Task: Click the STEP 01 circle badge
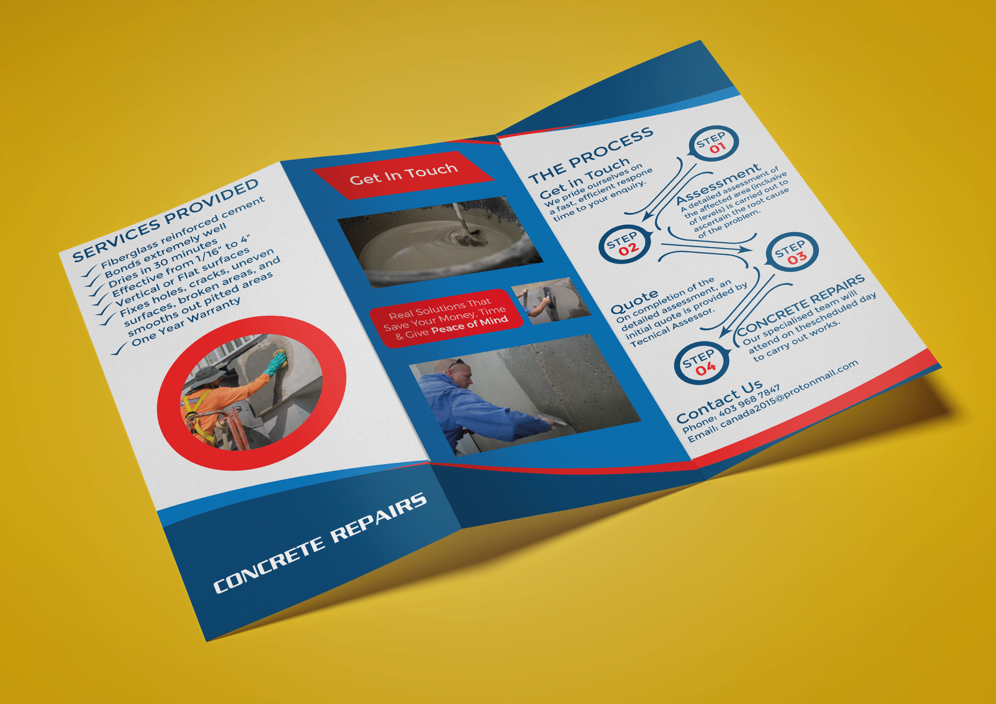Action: tap(713, 143)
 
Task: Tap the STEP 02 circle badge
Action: tap(624, 244)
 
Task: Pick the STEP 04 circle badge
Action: tap(701, 363)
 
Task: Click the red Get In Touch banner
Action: tap(403, 174)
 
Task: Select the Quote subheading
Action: tap(634, 301)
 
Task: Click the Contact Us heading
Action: tap(719, 401)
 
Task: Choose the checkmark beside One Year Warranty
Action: tap(119, 350)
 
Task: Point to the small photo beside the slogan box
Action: tap(550, 300)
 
